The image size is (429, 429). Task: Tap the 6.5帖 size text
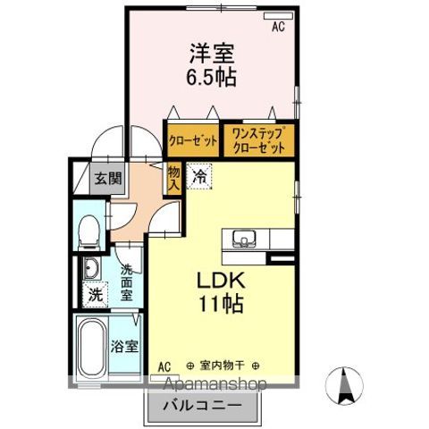(x=212, y=78)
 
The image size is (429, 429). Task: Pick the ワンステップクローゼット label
(x=259, y=139)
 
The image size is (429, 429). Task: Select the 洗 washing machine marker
(x=94, y=294)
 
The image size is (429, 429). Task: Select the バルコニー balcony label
(x=202, y=406)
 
